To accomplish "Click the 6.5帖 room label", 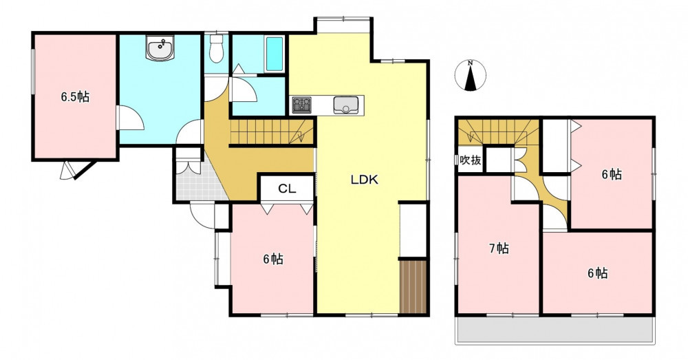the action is point(74,96).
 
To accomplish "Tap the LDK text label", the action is point(364,180).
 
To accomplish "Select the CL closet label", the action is point(288,189).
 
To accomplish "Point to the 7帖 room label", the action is point(499,249).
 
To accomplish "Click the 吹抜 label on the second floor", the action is point(470,160).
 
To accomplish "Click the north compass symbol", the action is point(470,76).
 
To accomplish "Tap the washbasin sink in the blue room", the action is point(160,49).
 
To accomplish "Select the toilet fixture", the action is point(216,48).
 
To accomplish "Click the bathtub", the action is point(275,54).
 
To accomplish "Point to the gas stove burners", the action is point(301,105).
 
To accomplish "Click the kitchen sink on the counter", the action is point(347,105).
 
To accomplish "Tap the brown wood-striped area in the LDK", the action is point(413,287).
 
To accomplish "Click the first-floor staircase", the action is point(272,131).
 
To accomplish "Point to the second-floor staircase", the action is point(498,131).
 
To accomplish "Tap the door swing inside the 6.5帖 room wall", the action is point(131,118).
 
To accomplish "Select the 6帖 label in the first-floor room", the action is point(273,260).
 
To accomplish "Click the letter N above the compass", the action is point(470,63).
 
